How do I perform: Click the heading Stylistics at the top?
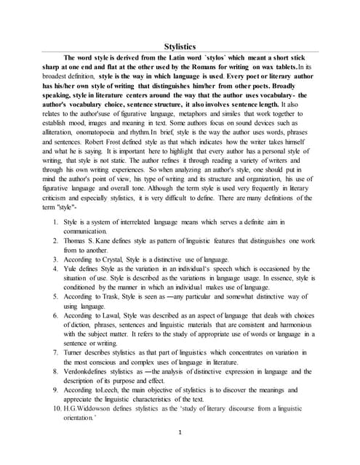[x=180, y=46]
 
